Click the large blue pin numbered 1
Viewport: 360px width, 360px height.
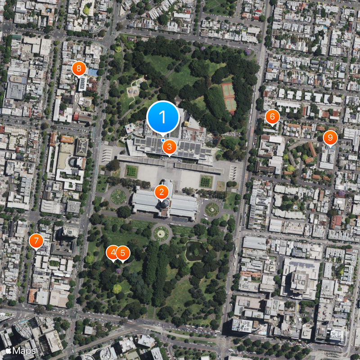point(163,118)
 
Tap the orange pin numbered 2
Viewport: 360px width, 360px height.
point(162,192)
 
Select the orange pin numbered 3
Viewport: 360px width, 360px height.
point(169,146)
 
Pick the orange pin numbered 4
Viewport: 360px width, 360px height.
point(113,253)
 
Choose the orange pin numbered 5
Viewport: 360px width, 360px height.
point(122,253)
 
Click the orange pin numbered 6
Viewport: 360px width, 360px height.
point(272,117)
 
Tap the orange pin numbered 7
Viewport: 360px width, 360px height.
point(36,241)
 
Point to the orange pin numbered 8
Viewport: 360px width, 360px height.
point(79,69)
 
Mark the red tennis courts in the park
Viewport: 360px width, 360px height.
point(229,97)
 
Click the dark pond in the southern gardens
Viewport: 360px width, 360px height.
point(194,250)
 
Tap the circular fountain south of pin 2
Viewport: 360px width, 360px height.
point(161,233)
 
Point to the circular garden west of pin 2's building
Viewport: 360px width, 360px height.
point(118,196)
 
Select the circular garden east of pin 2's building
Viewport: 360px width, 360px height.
point(211,209)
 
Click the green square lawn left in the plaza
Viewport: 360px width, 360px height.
point(131,171)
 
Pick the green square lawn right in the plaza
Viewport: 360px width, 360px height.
point(206,181)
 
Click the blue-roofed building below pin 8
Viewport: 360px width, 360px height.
point(93,72)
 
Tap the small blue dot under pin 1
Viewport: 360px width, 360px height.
point(163,140)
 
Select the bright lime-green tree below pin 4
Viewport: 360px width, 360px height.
point(117,288)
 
